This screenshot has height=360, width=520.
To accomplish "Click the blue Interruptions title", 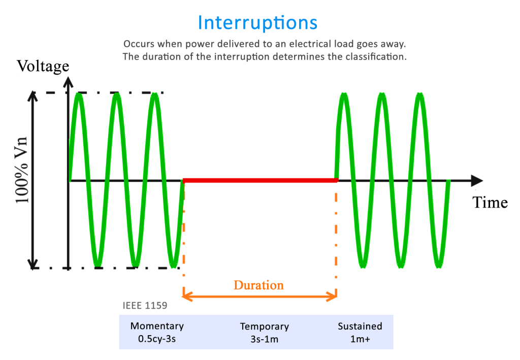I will tap(257, 23).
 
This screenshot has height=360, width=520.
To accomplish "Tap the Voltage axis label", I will tap(43, 66).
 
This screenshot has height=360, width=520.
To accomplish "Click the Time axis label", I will tap(490, 203).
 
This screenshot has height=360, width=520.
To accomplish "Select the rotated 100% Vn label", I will tap(22, 170).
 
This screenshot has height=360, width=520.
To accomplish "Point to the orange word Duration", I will tap(258, 285).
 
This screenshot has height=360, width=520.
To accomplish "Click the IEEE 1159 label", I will tap(145, 306).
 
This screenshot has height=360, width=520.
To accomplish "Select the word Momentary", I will tap(157, 326).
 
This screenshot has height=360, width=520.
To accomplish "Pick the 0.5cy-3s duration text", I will tap(157, 338).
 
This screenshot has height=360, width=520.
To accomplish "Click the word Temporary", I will tap(264, 326).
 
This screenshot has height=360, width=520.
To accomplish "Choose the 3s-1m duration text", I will tap(264, 339).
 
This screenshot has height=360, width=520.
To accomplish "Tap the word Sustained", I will tap(360, 326).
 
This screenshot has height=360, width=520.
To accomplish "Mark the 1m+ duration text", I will tap(360, 338).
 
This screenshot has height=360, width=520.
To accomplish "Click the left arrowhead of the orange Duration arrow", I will tap(187, 296).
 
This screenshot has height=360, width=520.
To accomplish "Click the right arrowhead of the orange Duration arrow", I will tap(333, 296).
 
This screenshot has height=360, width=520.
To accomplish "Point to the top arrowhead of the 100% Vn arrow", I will tap(33, 96).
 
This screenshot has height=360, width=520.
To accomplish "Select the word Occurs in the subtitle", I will tap(139, 43).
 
